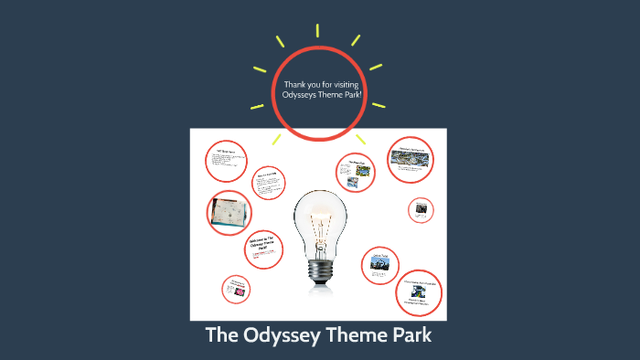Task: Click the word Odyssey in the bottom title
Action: [x=281, y=335]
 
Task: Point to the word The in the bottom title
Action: [x=223, y=335]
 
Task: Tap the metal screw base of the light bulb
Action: [x=319, y=269]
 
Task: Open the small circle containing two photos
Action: [x=354, y=173]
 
